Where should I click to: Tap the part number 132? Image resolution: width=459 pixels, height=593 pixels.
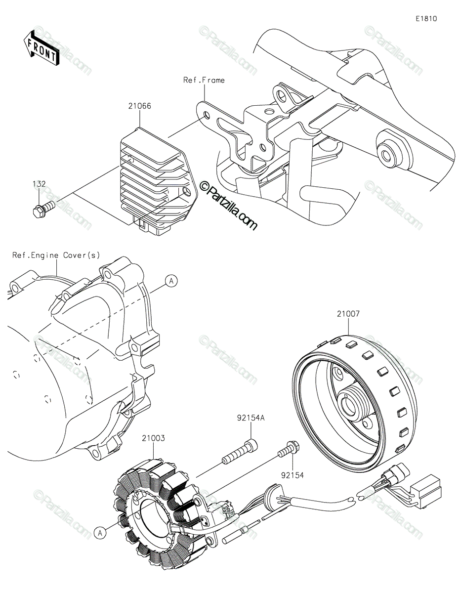coord(39,184)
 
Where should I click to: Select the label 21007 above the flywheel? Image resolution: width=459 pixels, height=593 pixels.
coord(349,313)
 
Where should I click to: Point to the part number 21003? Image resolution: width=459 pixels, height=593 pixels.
coord(153,438)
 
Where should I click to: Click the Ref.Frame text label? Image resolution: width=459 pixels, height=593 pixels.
coord(204,80)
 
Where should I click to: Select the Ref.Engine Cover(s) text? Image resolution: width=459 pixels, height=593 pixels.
coord(56,255)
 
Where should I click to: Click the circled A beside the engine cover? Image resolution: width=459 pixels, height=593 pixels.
coord(171,281)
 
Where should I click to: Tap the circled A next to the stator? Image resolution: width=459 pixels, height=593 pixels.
coord(100,532)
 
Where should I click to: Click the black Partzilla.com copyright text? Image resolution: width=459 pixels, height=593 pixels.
coord(228,205)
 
